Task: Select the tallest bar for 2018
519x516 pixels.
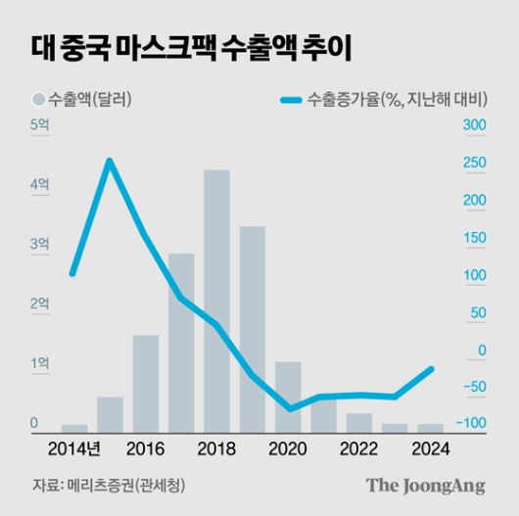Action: pos(216,300)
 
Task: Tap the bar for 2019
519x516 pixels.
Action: pos(253,328)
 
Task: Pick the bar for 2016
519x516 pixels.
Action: pos(146,382)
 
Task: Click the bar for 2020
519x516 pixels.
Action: pos(288,396)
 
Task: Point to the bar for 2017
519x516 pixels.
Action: pos(181,342)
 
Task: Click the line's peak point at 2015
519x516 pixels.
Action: pos(110,161)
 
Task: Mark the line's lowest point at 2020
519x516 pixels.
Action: pos(289,408)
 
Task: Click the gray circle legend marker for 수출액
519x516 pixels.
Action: pos(38,100)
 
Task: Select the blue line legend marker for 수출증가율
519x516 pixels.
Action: pos(291,100)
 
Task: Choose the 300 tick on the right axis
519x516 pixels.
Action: pos(473,125)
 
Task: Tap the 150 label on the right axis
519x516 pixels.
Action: pos(473,238)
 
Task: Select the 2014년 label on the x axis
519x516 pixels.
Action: pos(73,448)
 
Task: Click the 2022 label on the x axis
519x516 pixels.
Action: pos(359,448)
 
